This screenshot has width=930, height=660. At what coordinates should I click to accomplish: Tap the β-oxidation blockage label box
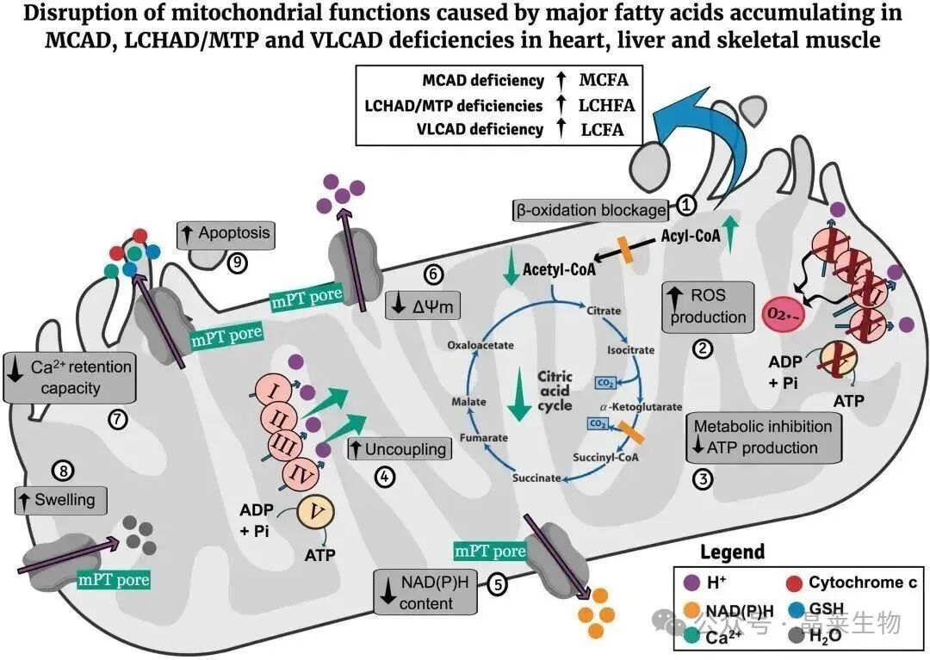tap(590, 209)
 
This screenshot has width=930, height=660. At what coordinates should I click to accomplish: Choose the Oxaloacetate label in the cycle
tap(480, 344)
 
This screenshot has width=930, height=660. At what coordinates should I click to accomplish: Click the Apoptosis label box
tap(224, 233)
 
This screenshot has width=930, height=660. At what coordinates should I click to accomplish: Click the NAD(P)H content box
tap(427, 591)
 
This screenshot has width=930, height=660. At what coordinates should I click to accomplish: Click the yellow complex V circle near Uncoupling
tap(316, 514)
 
